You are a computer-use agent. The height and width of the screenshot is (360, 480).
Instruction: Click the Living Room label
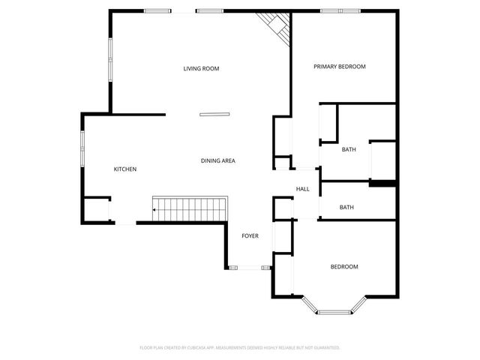201,69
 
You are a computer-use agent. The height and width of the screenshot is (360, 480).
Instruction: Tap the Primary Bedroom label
339,67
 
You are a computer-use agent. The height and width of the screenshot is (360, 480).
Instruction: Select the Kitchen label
124,169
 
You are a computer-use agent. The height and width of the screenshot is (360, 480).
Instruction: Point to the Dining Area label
218,161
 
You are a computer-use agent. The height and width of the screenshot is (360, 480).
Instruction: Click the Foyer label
250,236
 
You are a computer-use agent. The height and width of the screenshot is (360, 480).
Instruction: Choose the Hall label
303,189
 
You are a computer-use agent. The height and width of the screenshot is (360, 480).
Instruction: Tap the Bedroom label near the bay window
344,267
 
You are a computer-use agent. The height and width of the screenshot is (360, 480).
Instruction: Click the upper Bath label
349,150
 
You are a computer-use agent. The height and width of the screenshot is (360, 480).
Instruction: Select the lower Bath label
346,208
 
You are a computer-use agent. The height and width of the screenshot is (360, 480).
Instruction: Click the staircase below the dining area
190,208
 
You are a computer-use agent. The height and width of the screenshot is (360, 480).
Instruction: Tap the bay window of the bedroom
334,309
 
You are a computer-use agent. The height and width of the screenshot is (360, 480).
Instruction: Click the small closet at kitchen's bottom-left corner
96,209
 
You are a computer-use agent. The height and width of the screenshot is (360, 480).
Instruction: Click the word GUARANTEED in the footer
325,348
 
